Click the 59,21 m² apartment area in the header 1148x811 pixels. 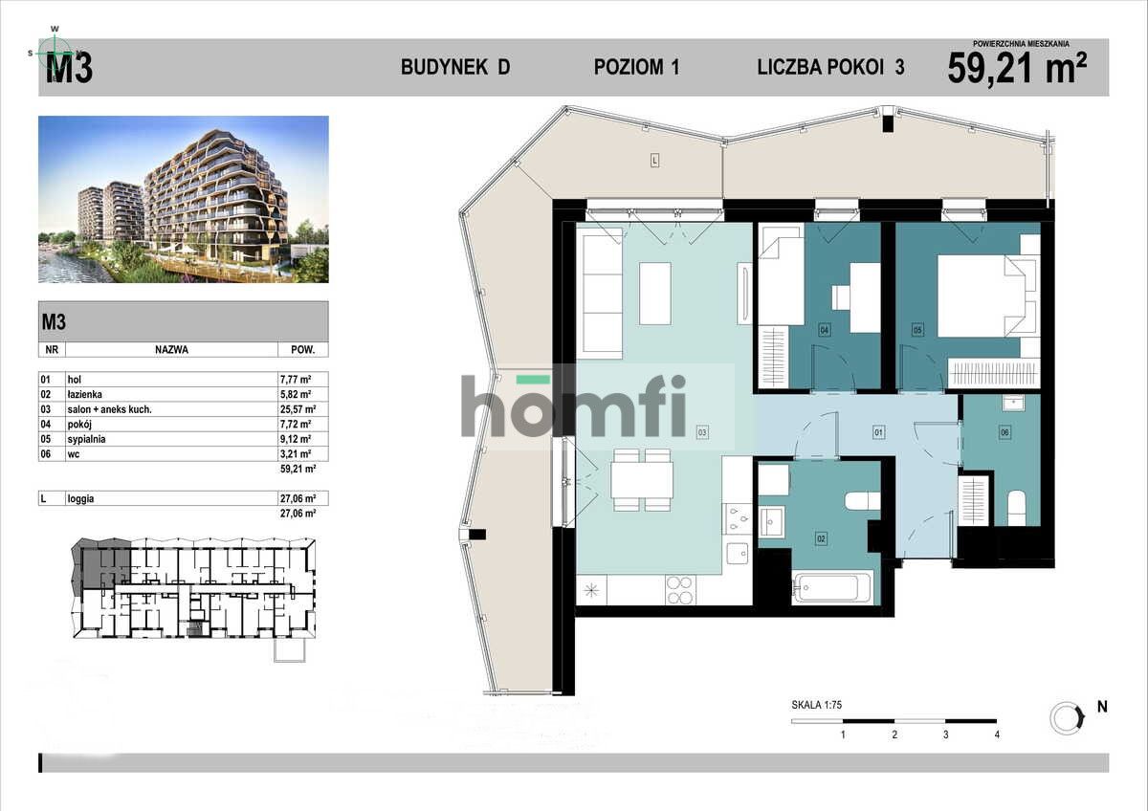pyautogui.click(x=1016, y=68)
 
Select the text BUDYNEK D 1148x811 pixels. pyautogui.click(x=455, y=67)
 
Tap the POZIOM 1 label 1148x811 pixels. pyautogui.click(x=636, y=67)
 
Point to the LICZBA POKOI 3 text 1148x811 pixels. pyautogui.click(x=830, y=67)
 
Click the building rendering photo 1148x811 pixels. pyautogui.click(x=184, y=199)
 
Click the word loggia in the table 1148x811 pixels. pyautogui.click(x=83, y=498)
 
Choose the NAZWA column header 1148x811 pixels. pyautogui.click(x=171, y=349)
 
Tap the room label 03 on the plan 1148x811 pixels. pyautogui.click(x=702, y=433)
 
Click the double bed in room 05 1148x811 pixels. pyautogui.click(x=985, y=296)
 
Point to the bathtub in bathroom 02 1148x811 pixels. pyautogui.click(x=832, y=587)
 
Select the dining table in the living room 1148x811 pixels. pyautogui.click(x=642, y=478)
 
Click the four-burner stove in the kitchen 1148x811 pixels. pyautogui.click(x=680, y=590)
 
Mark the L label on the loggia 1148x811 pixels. pyautogui.click(x=654, y=161)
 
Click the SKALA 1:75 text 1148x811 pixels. pyautogui.click(x=816, y=706)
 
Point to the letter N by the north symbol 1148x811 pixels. pyautogui.click(x=1102, y=708)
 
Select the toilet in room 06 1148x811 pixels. pyautogui.click(x=1016, y=508)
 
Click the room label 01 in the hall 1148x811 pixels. pyautogui.click(x=877, y=433)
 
